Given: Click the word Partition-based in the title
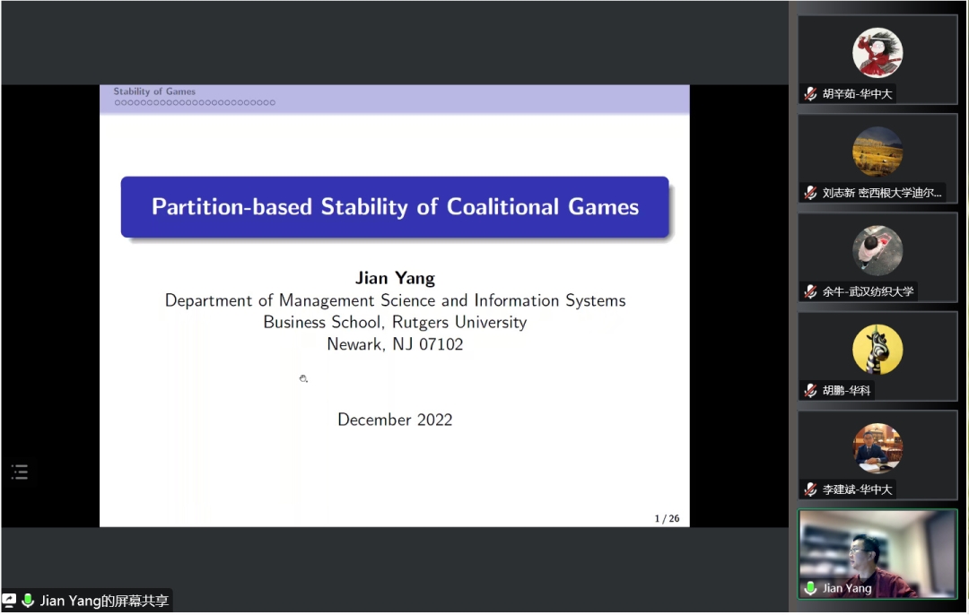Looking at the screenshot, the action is [x=231, y=207].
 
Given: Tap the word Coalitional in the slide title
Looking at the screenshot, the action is [x=503, y=207].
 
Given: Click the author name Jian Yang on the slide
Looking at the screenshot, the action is [x=395, y=279].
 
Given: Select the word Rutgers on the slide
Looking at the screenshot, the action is [x=420, y=323].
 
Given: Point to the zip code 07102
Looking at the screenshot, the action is [x=441, y=344].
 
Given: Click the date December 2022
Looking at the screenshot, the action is [x=395, y=420].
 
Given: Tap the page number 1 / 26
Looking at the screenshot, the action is [x=667, y=519].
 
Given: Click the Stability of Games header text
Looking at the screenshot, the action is [x=154, y=91].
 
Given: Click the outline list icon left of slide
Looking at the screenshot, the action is [x=20, y=472].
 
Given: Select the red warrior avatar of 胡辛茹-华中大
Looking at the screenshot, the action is [x=877, y=53].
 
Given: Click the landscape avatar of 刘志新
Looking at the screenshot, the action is [x=877, y=152].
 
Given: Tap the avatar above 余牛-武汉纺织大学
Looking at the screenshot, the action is [x=877, y=251].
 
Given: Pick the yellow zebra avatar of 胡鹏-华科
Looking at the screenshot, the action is [x=877, y=350].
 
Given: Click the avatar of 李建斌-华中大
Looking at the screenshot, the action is [x=877, y=448].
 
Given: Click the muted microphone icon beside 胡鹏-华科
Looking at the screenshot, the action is [x=810, y=391].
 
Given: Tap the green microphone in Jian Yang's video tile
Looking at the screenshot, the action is [x=810, y=588].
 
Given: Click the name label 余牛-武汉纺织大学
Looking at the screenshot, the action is [x=868, y=291].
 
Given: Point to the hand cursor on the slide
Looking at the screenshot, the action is [x=303, y=378].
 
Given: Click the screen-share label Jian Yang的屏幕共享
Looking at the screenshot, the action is [x=104, y=601].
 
